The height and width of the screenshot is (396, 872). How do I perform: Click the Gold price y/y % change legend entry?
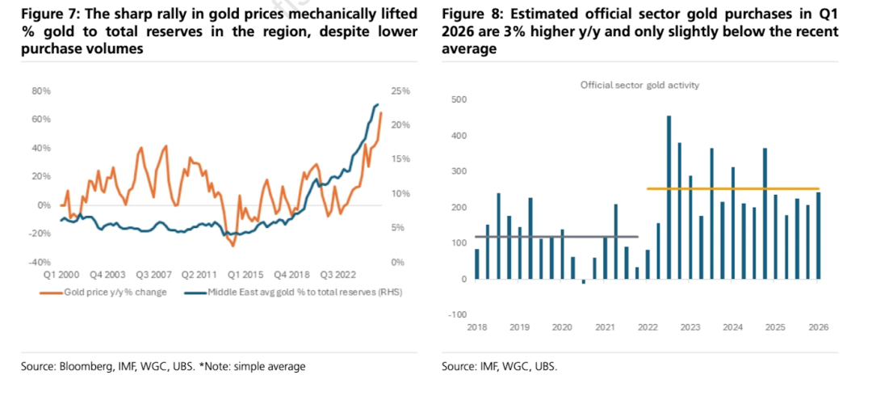coord(103,292)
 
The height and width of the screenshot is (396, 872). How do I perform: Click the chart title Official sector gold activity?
coord(639,85)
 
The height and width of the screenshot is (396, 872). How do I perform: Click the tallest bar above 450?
coord(669,197)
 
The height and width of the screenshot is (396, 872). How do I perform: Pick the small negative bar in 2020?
coord(584,281)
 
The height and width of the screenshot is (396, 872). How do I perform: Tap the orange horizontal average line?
coord(733,189)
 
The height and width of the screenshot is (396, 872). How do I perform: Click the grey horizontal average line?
coord(556,237)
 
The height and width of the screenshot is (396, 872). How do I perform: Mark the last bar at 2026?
coord(818,236)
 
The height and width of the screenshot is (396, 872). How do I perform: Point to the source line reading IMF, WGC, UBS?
coord(500,366)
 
